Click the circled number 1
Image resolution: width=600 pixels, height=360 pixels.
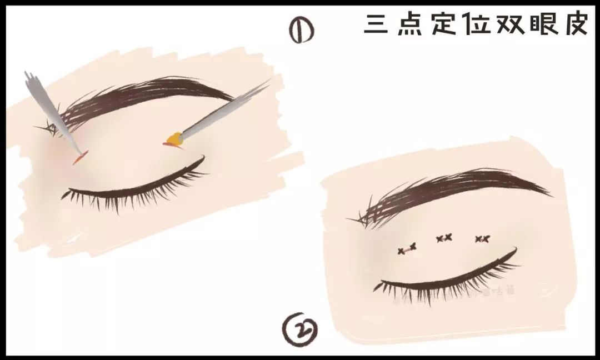[x=301, y=32]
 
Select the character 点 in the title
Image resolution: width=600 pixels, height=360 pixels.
[x=409, y=24]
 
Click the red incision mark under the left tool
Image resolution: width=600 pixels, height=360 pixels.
[x=78, y=160]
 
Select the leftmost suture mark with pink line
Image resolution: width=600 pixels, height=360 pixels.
[x=407, y=250]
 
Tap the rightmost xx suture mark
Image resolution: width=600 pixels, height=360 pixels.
[x=482, y=239]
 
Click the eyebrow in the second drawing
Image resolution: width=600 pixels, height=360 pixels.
[x=450, y=192]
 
